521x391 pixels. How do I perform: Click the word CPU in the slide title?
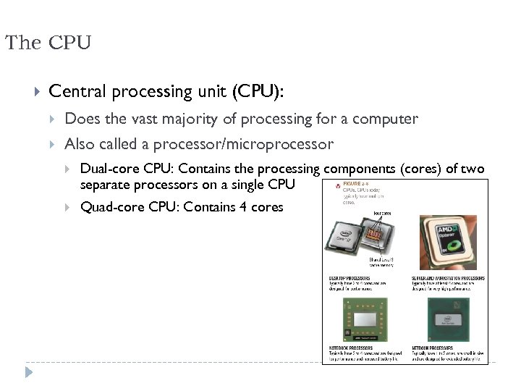70,43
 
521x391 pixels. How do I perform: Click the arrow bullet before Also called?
53,143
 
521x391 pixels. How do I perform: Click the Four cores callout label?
382,213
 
